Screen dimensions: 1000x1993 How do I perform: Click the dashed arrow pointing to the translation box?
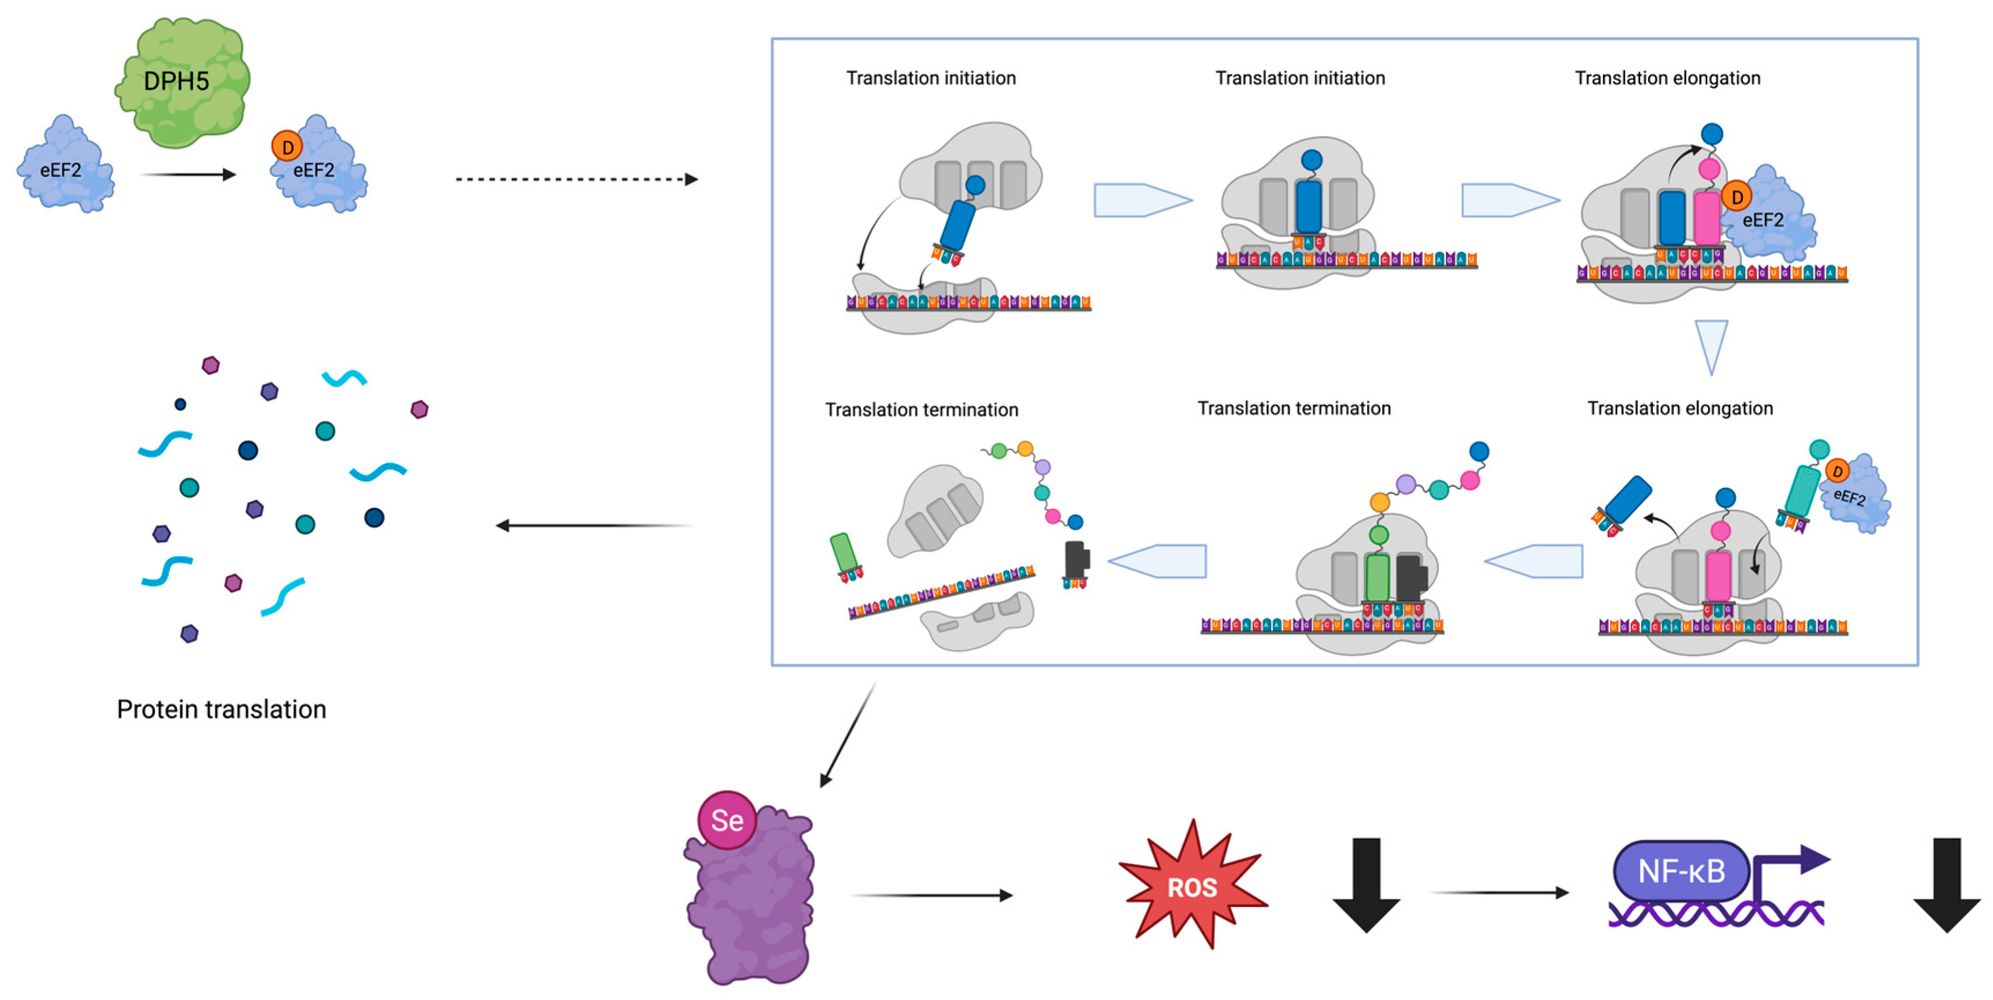pos(577,180)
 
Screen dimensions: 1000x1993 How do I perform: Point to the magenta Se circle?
pos(727,820)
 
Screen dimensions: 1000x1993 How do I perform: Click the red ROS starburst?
pos(1192,887)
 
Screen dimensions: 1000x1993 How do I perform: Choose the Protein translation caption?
pos(221,709)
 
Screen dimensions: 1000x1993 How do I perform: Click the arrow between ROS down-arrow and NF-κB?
pos(1498,893)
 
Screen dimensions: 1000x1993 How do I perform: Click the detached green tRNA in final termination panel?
pos(844,554)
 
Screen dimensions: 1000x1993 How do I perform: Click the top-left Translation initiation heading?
pos(931,78)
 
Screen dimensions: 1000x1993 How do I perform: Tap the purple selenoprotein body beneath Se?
pos(750,906)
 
